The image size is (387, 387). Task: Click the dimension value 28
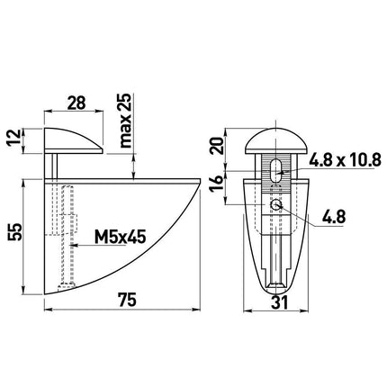76,103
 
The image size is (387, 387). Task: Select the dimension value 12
14,139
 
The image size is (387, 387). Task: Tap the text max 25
124,121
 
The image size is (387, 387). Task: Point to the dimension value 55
15,231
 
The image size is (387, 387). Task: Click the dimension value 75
127,300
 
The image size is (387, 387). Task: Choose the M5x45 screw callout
120,237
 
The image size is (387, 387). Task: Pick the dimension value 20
217,146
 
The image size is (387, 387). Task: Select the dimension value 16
217,184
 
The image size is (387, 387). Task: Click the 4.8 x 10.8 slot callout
345,160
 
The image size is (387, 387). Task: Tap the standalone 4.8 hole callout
334,217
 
